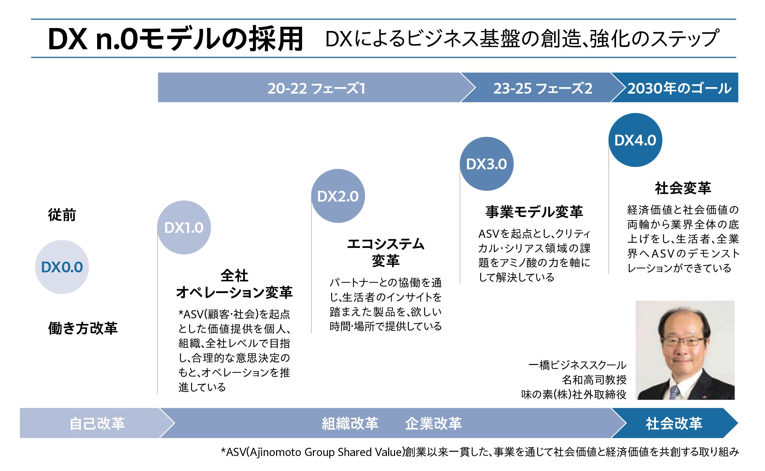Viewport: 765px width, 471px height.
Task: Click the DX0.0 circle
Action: pyautogui.click(x=62, y=267)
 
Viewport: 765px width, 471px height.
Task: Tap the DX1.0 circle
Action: pyautogui.click(x=184, y=227)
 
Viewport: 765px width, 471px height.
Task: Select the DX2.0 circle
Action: pyautogui.click(x=338, y=196)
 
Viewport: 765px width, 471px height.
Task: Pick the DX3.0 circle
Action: pyautogui.click(x=486, y=164)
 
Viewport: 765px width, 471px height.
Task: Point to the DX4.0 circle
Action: pyautogui.click(x=635, y=140)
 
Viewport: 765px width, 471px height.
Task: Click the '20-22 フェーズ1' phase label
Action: pyautogui.click(x=316, y=88)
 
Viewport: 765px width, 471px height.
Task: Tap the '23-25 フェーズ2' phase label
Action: pyautogui.click(x=542, y=88)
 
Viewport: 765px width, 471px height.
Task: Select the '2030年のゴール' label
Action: pyautogui.click(x=679, y=88)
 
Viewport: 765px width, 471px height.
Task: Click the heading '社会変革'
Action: pyautogui.click(x=683, y=188)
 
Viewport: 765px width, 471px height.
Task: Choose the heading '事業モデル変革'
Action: pyautogui.click(x=534, y=212)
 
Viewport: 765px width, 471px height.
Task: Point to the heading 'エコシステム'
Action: pyautogui.click(x=386, y=244)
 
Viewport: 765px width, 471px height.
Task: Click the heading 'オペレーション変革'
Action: pyautogui.click(x=234, y=292)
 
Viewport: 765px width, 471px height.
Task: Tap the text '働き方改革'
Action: pyautogui.click(x=83, y=328)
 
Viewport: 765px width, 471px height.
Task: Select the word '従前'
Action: pyautogui.click(x=62, y=215)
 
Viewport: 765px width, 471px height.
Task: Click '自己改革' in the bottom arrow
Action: pyautogui.click(x=97, y=423)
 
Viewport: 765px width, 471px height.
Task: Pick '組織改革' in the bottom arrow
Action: pyautogui.click(x=350, y=423)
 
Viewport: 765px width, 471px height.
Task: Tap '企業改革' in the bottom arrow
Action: pyautogui.click(x=433, y=423)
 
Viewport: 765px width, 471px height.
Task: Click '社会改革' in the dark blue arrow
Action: pyautogui.click(x=674, y=423)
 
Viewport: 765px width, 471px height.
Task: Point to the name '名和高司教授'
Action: pyautogui.click(x=594, y=380)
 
